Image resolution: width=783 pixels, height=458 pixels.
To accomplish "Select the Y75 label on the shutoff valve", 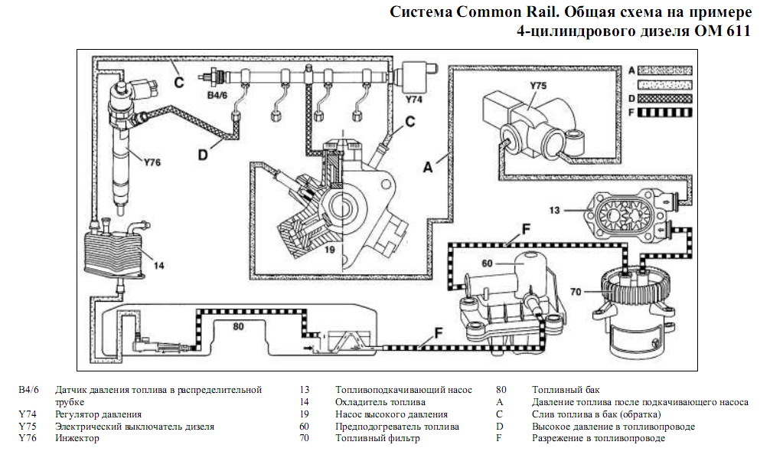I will [x=538, y=87].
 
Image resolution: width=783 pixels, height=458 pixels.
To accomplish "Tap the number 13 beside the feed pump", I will [x=556, y=208].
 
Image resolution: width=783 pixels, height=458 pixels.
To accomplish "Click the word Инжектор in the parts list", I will [x=77, y=439].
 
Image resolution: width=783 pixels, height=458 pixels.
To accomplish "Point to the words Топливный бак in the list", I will [x=566, y=390].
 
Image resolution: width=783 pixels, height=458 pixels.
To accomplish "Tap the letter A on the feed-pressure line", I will [x=430, y=164].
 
